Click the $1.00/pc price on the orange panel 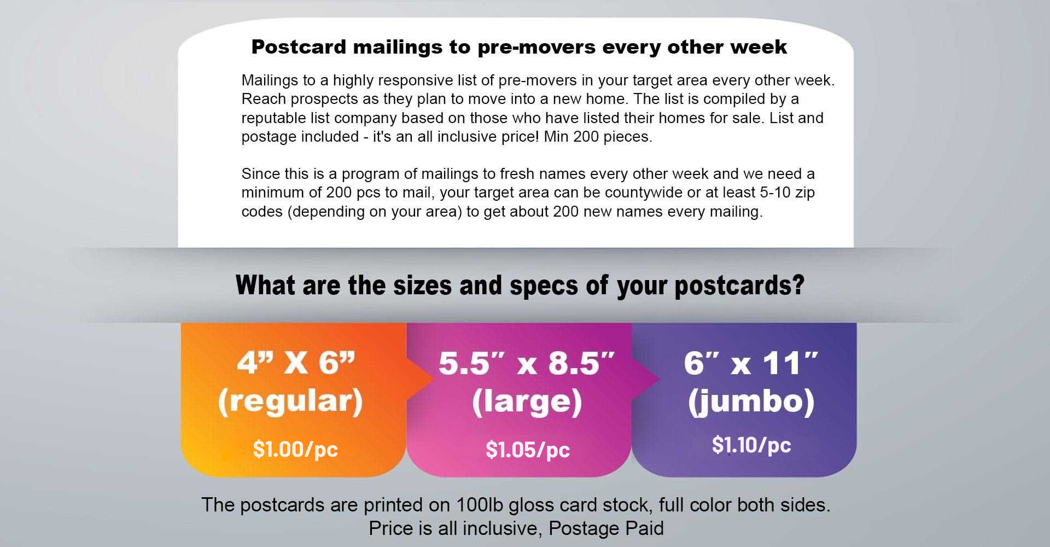click(295, 449)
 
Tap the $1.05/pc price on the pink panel click(528, 450)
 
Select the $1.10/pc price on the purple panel click(751, 445)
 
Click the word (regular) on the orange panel click(290, 401)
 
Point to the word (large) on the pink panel click(527, 401)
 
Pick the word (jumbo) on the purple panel click(751, 401)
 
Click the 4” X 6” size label click(296, 363)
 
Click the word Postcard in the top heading click(299, 47)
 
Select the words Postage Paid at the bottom click(606, 528)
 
